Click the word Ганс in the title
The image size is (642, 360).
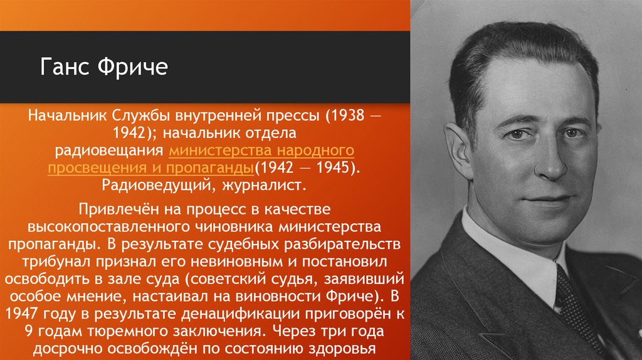[66, 67]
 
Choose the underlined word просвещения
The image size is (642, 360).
[94, 169]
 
